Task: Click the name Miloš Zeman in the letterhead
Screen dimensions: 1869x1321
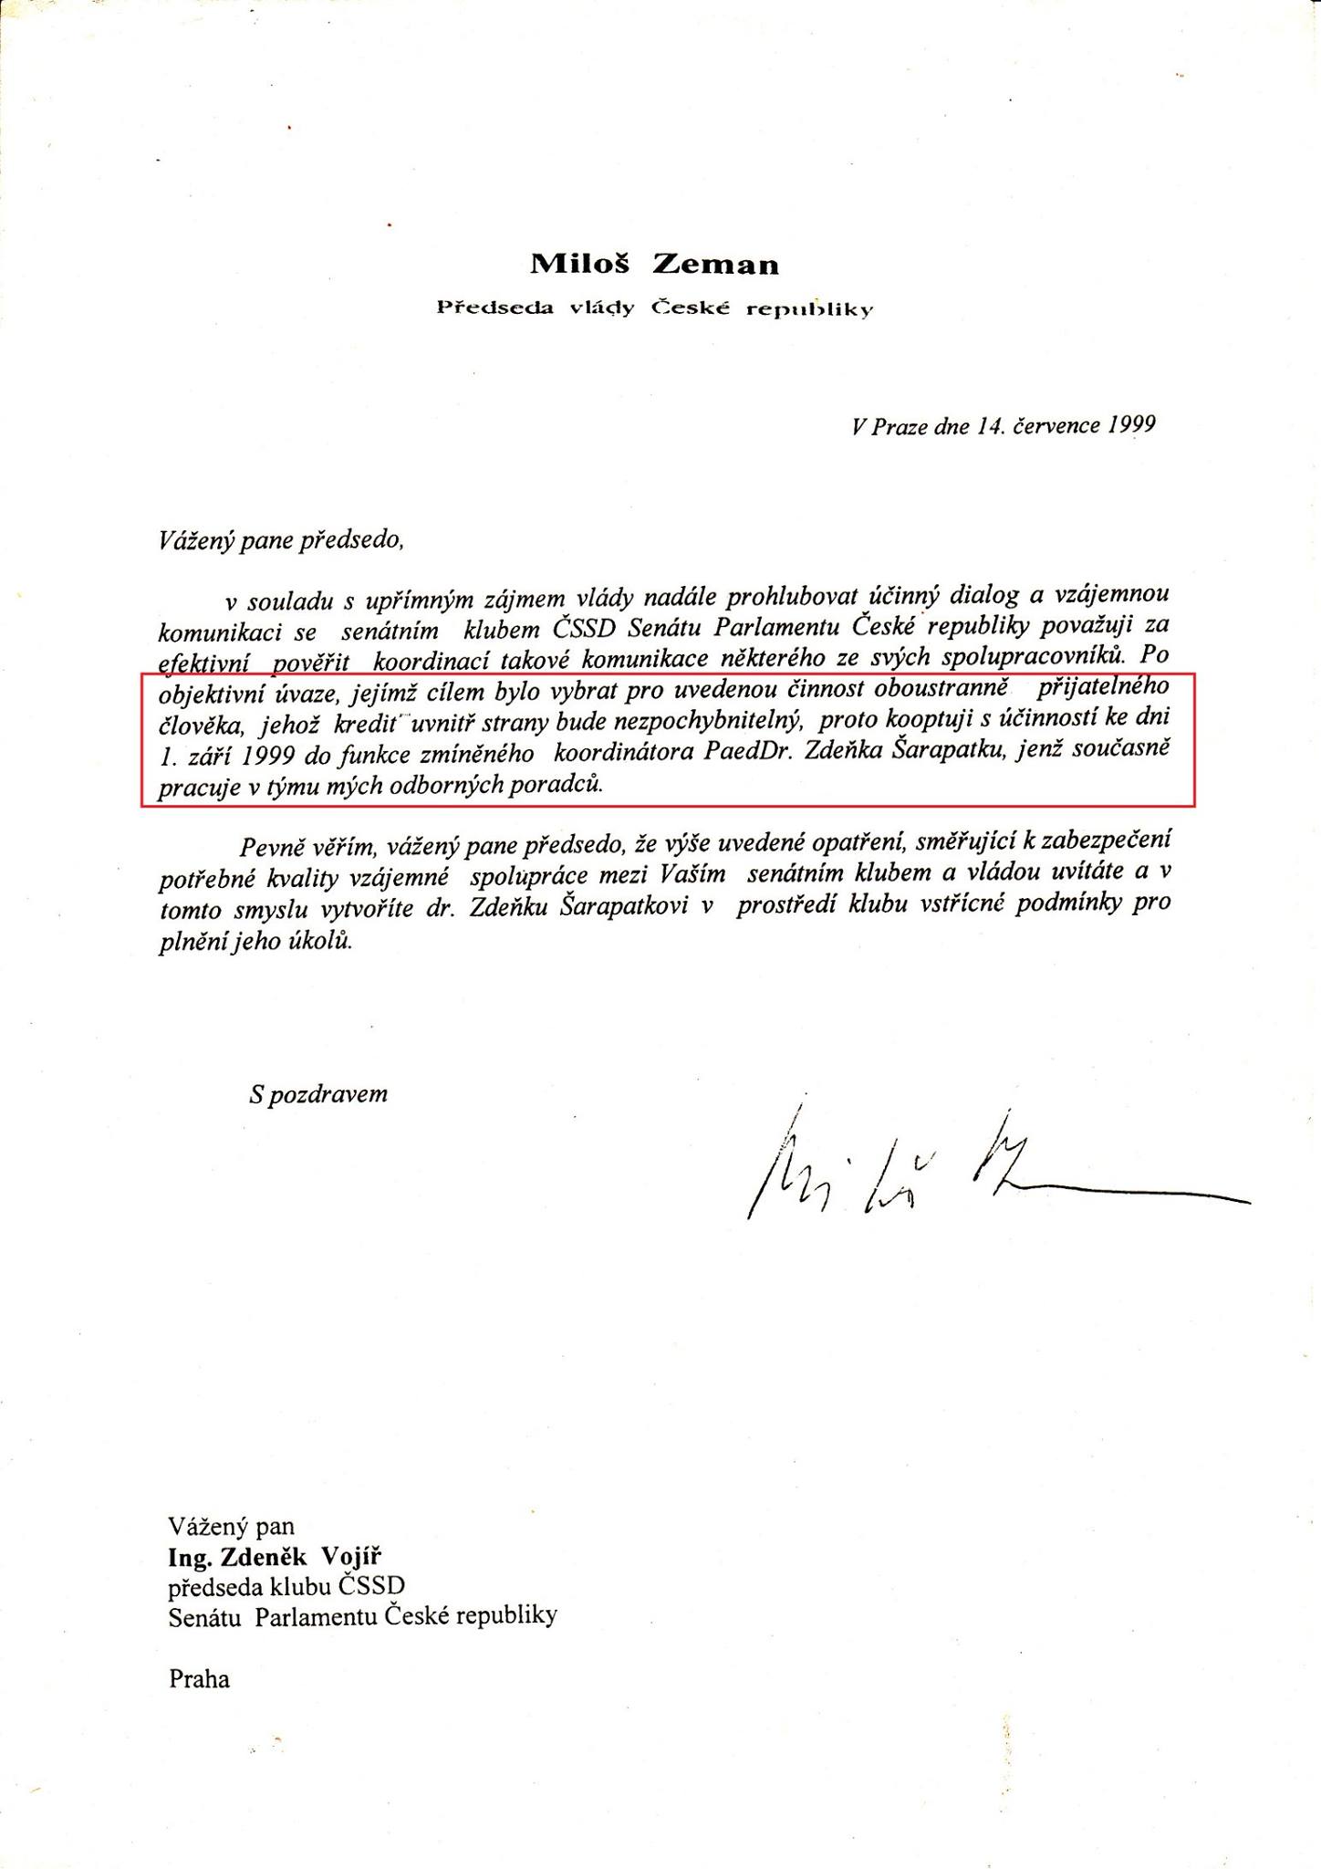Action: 655,265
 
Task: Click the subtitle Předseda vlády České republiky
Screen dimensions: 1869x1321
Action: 655,308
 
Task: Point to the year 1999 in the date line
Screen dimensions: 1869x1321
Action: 1131,424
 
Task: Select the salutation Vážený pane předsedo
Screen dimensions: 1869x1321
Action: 281,540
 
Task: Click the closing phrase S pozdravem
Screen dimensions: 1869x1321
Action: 318,1094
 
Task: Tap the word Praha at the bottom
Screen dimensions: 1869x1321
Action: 199,1679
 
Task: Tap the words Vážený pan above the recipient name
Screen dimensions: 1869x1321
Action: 232,1527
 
